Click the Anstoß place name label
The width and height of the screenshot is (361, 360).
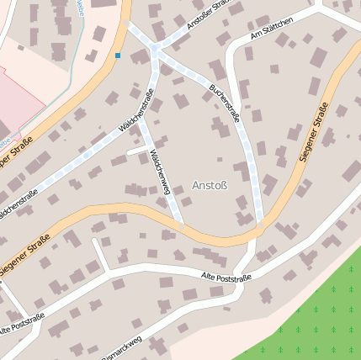coord(210,184)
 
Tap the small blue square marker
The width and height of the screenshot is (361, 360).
coord(118,56)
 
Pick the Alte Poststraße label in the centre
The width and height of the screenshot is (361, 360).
coord(227,276)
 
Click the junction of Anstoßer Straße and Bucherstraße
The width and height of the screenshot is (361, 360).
coord(156,52)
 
